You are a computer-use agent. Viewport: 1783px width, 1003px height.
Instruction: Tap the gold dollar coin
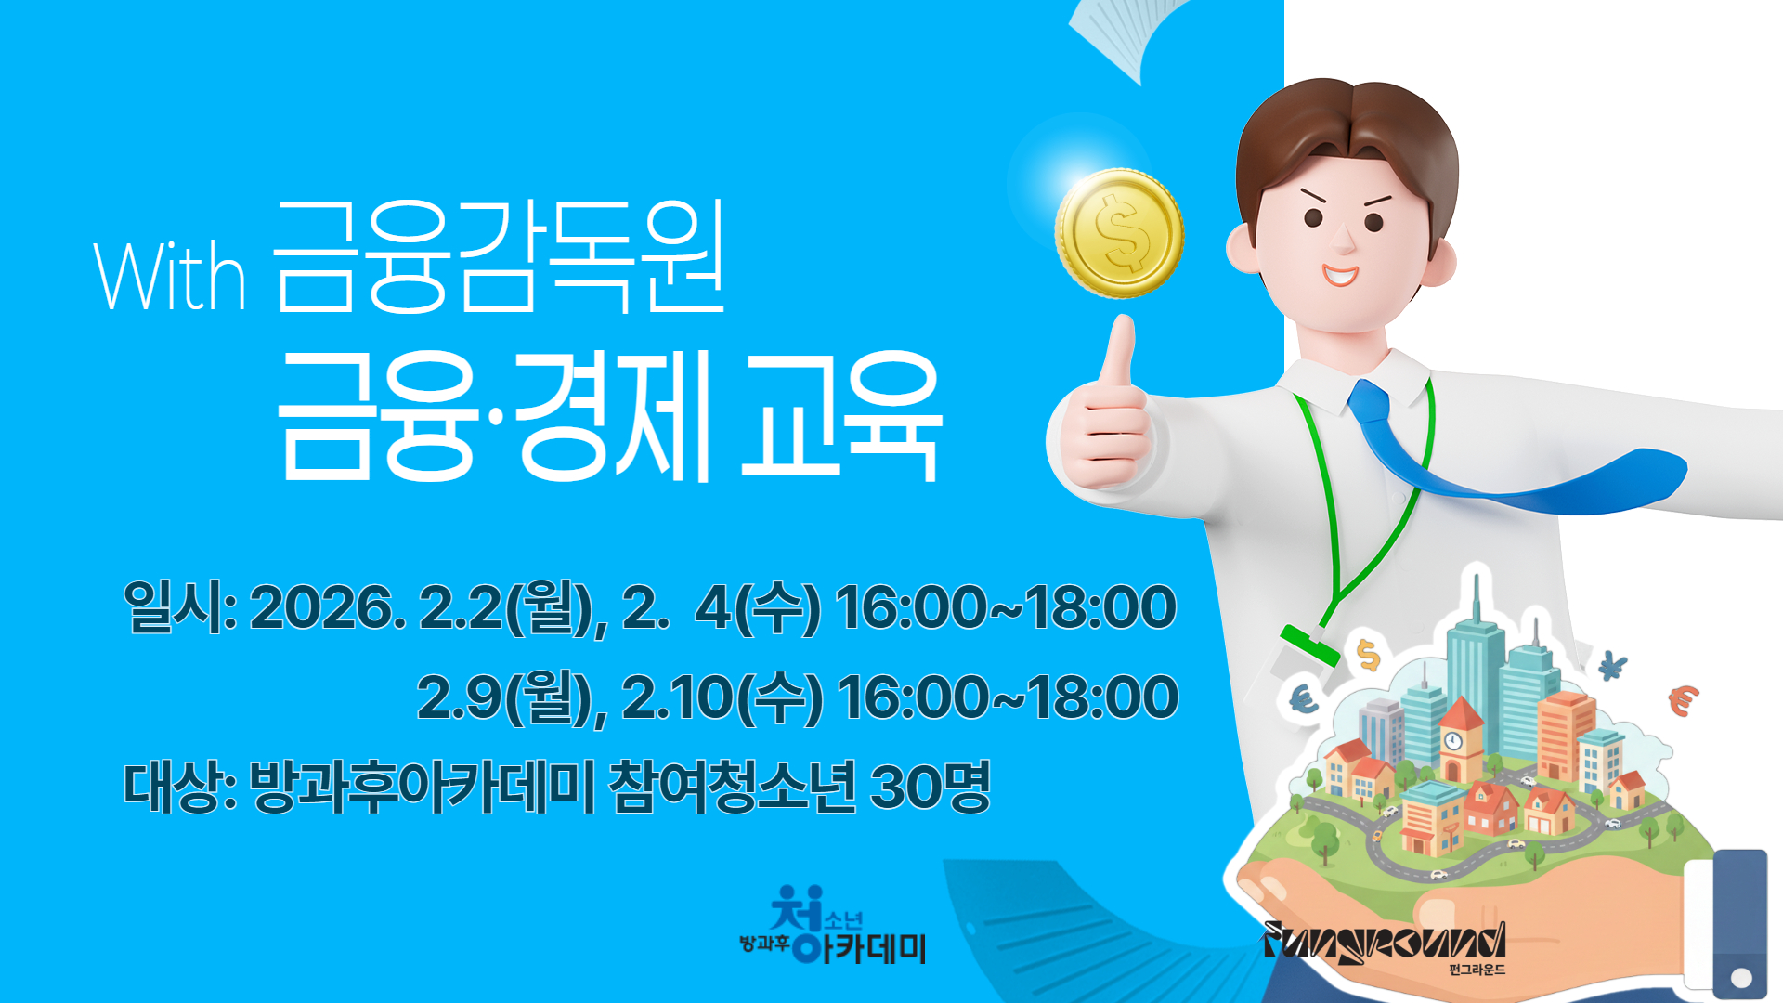pos(1119,233)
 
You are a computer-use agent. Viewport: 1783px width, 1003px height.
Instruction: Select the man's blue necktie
pos(1504,455)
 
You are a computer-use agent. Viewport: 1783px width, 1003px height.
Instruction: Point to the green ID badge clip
pos(1310,644)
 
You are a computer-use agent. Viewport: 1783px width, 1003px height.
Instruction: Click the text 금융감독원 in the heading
pos(499,257)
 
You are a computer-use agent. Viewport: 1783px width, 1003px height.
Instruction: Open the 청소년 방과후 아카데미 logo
pos(833,925)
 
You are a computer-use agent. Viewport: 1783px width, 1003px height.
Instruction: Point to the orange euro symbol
pos(1683,699)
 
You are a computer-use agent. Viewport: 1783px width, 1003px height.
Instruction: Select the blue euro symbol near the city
pos(1304,698)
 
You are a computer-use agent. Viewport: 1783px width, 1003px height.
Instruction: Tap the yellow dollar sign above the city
pos(1368,655)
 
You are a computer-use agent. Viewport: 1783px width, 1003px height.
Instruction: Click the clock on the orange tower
pos(1453,741)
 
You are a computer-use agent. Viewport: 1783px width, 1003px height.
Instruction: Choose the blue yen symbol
pos(1613,665)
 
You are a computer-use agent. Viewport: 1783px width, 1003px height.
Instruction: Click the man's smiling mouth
pos(1340,275)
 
